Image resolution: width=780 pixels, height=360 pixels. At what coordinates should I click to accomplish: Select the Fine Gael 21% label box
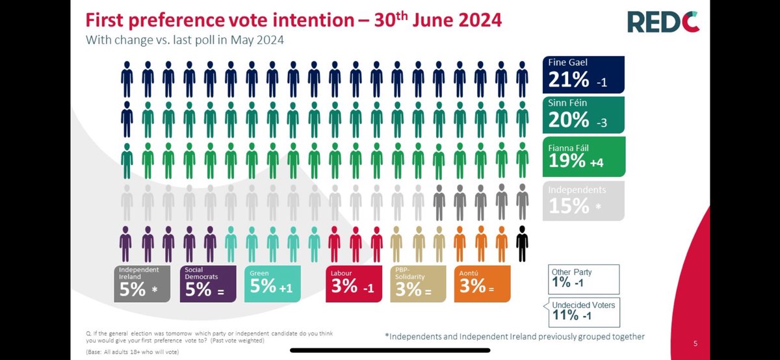click(x=583, y=74)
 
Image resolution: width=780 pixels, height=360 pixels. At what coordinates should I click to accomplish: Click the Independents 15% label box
click(x=583, y=199)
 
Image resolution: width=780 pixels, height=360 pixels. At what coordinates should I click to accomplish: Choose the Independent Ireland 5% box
click(x=144, y=283)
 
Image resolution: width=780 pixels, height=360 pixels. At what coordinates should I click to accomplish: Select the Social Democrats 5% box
click(x=208, y=283)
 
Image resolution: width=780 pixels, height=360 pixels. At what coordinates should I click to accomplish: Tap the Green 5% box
click(x=272, y=283)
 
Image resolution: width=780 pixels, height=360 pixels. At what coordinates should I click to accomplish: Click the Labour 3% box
click(x=354, y=283)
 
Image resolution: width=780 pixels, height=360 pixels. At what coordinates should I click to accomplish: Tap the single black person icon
click(x=521, y=244)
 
